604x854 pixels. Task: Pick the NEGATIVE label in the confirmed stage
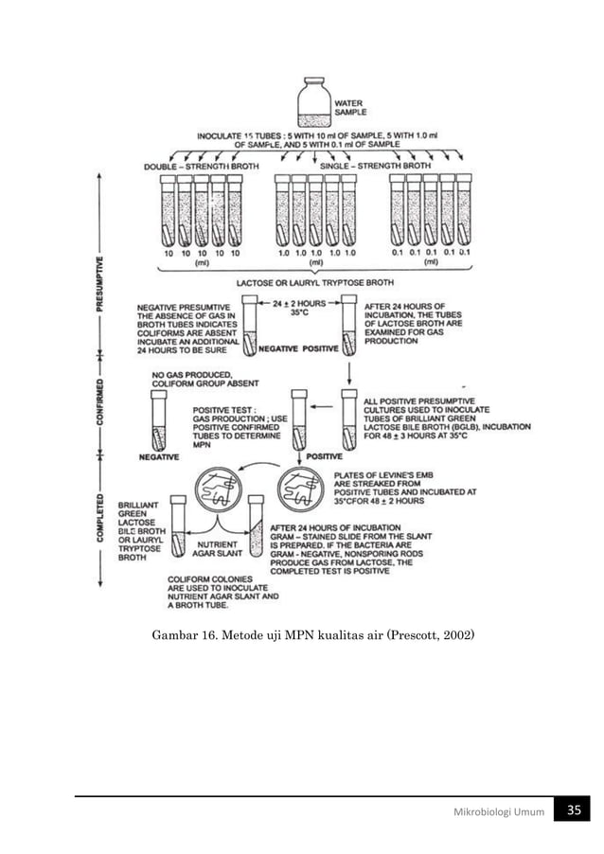point(158,455)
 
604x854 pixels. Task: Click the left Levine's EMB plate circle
point(211,488)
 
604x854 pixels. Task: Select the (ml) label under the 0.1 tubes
point(431,264)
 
